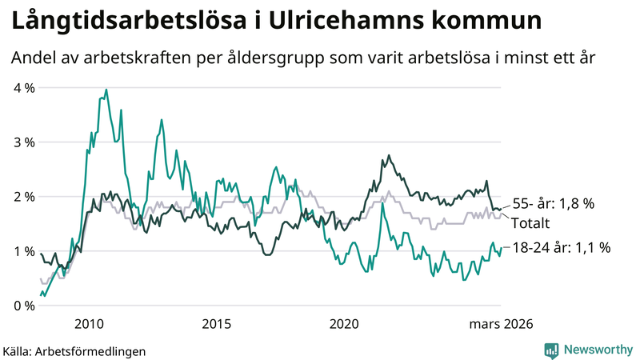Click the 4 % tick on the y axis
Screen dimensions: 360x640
point(23,88)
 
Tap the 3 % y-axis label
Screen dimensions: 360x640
point(23,142)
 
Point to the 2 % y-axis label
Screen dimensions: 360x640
point(23,197)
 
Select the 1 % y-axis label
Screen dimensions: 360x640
point(23,251)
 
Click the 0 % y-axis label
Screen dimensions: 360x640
point(23,306)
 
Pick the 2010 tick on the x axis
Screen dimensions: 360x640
point(88,323)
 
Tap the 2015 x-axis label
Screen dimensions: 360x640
point(216,323)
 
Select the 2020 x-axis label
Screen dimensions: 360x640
point(344,323)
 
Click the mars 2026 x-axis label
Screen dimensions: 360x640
point(500,323)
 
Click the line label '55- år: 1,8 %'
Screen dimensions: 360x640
point(552,204)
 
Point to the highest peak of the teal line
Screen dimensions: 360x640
point(106,90)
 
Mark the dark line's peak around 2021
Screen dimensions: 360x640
point(389,156)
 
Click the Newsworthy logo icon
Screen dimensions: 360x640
point(551,350)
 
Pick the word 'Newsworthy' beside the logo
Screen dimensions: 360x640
point(597,350)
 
